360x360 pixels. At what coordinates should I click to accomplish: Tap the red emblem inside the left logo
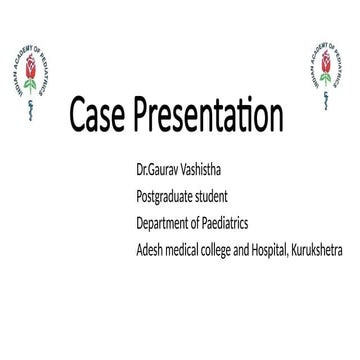(29, 69)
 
